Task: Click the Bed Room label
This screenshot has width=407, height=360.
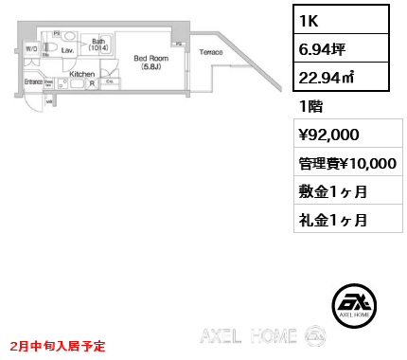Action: click(150, 58)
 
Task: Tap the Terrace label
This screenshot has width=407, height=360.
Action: click(212, 51)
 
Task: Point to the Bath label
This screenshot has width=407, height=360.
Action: click(97, 42)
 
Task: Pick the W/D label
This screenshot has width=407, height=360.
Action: click(31, 47)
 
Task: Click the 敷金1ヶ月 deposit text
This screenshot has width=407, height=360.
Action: click(332, 192)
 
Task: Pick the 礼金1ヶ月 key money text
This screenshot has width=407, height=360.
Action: click(332, 220)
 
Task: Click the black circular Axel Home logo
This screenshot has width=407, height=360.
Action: click(356, 303)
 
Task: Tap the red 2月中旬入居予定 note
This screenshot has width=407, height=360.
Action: click(59, 347)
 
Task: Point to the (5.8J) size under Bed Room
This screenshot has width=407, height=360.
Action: click(150, 67)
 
